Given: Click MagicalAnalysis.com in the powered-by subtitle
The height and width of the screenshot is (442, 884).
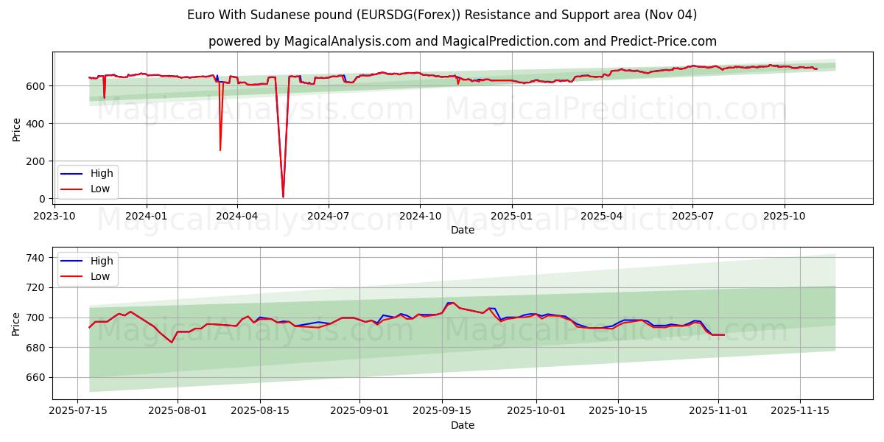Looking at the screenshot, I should (343, 41).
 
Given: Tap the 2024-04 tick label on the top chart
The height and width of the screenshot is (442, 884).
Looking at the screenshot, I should (236, 215).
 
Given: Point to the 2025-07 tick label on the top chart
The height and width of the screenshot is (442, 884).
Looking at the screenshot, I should (692, 215).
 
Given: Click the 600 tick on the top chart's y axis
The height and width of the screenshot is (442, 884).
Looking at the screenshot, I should (38, 86).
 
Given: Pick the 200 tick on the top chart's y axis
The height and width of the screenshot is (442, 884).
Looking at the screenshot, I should (38, 161).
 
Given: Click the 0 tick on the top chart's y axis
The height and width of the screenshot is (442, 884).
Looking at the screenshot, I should (43, 199).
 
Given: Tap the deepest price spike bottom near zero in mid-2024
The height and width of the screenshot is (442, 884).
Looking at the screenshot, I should (283, 197).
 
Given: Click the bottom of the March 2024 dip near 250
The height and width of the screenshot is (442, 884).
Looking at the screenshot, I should (220, 150).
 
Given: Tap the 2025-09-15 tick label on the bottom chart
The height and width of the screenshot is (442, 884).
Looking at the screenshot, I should (441, 410).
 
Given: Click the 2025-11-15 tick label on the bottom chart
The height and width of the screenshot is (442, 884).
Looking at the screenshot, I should (800, 410).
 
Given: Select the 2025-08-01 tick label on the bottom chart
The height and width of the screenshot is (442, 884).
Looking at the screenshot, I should (178, 410).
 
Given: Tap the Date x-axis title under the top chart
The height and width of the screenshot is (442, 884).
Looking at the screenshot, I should (463, 230).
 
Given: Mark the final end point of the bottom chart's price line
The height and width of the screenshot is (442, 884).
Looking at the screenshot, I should (724, 335).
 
